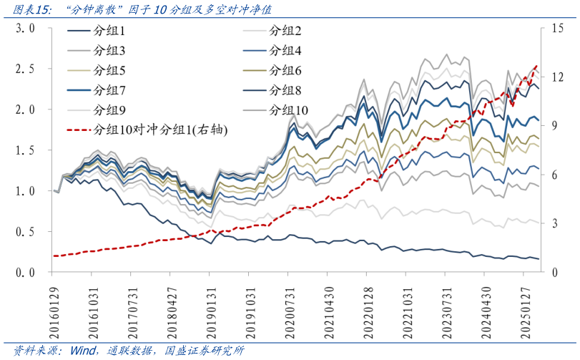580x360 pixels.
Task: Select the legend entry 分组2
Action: pyautogui.click(x=285, y=31)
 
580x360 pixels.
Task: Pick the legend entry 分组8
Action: pyautogui.click(x=285, y=90)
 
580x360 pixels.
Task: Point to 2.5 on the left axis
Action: pyautogui.click(x=26, y=69)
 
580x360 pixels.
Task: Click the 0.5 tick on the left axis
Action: pyautogui.click(x=26, y=233)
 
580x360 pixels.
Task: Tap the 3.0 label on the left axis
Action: pyautogui.click(x=26, y=29)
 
